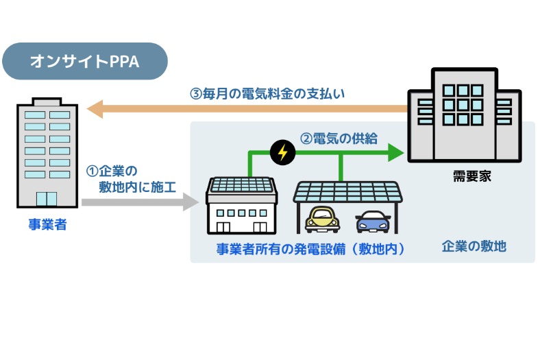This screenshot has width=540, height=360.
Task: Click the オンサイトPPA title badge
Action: tap(84, 61)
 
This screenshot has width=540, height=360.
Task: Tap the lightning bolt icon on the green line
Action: tap(281, 152)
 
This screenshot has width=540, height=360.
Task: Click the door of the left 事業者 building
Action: tap(47, 199)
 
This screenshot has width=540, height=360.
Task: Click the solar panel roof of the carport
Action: tap(347, 190)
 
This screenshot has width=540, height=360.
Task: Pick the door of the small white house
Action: tap(223, 224)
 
